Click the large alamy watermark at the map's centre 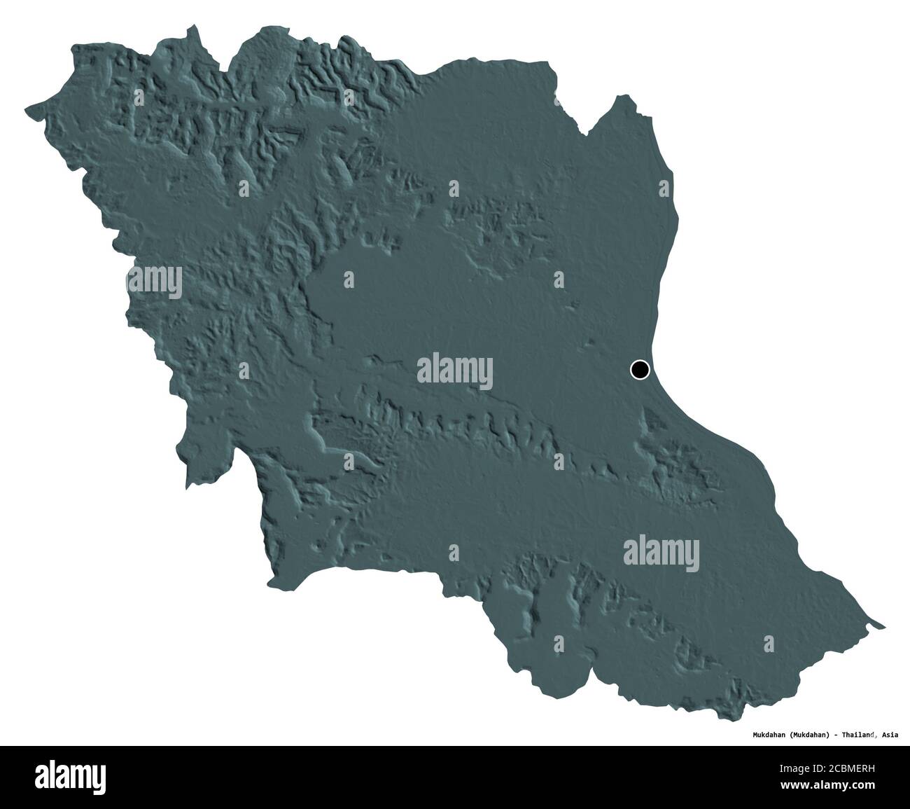click(x=455, y=369)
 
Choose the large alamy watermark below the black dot click(x=661, y=551)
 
